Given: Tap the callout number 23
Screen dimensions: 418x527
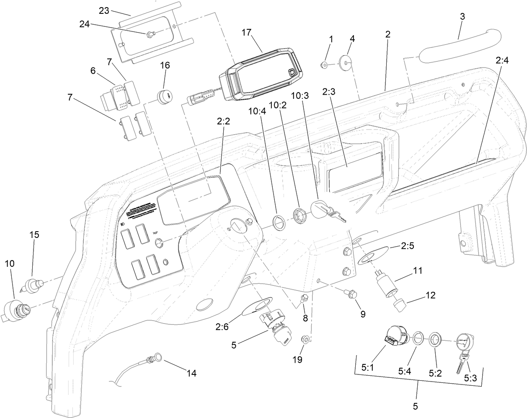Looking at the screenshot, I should coord(103,10).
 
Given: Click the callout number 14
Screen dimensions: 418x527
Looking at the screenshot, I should coord(191,374).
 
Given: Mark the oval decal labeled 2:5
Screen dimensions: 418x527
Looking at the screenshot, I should coord(374,255).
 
